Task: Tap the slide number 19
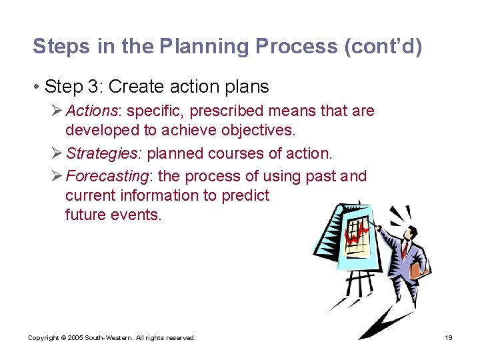(x=449, y=338)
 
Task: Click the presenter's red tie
(x=405, y=249)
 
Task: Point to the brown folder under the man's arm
(x=419, y=269)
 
